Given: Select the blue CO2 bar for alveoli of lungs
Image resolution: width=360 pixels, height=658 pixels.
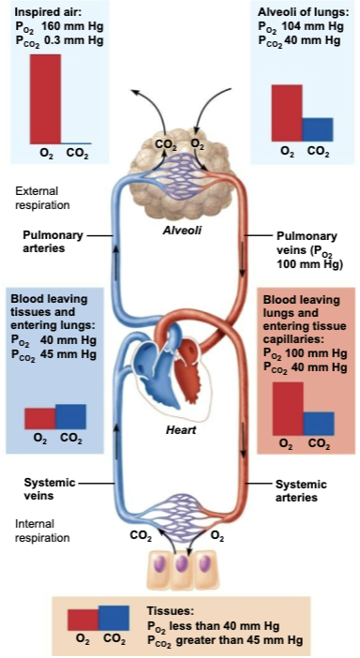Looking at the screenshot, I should pos(318,129).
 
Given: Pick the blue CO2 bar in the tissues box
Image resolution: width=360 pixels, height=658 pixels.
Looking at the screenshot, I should pos(113,618).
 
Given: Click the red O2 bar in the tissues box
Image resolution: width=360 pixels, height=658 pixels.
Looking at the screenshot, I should pos(82,620).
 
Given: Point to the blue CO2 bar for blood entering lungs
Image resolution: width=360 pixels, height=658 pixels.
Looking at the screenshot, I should pos(70,415).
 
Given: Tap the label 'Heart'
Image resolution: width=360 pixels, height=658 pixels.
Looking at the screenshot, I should pos(180,429).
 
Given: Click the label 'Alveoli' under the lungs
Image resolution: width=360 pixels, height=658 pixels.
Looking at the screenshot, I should pos(182,229).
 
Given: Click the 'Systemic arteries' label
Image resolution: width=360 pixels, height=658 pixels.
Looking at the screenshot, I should pos(301,490).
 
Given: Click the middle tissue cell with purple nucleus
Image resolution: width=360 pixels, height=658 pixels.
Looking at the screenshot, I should pos(181,569).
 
